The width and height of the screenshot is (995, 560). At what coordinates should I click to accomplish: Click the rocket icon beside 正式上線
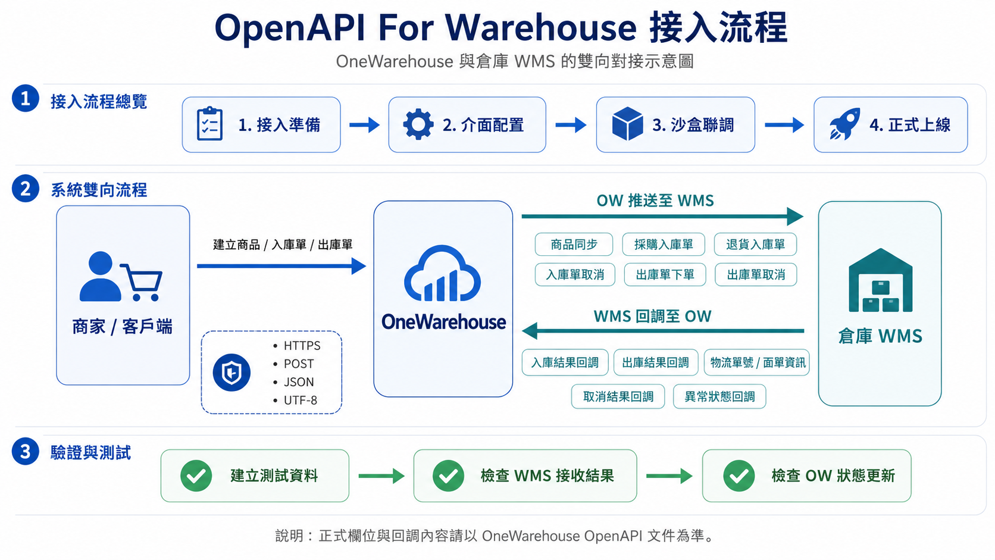844,124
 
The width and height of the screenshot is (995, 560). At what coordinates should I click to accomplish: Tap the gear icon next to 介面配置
418,124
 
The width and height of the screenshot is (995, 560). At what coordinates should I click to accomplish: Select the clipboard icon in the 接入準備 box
209,124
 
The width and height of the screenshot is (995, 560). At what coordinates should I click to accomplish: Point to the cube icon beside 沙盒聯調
627,124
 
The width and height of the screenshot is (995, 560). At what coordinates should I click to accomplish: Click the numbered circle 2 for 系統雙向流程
26,188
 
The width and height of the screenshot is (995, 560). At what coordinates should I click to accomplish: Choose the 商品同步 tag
574,244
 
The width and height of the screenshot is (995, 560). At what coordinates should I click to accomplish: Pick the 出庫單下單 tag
665,274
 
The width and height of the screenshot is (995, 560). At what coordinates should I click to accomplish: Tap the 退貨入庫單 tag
755,244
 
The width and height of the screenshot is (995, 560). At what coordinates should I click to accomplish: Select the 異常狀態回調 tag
719,396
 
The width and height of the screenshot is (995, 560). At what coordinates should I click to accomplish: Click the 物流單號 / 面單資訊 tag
757,362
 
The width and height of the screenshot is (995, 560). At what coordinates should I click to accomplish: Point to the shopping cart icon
141,283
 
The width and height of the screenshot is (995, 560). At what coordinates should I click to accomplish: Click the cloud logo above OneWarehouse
442,274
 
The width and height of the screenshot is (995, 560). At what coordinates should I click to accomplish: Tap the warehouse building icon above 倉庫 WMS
880,280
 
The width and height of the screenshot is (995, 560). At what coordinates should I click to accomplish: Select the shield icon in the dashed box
231,372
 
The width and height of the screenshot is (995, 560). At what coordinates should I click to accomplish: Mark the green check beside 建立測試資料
196,475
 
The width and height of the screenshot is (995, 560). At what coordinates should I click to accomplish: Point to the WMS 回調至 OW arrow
663,331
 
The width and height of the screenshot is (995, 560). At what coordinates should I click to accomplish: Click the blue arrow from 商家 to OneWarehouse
281,266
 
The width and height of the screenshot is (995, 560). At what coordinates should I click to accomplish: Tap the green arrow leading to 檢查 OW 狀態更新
669,476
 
